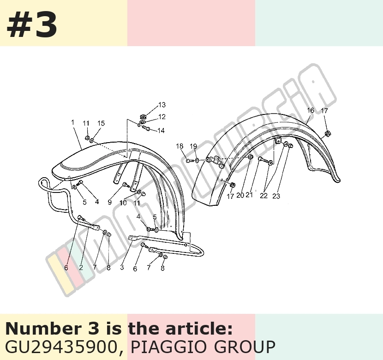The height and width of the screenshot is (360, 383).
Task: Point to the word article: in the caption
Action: [x=199, y=328]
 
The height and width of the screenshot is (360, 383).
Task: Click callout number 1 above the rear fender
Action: [x=72, y=122]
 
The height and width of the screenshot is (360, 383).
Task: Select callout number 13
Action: [x=162, y=105]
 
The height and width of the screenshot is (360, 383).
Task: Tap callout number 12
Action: [x=162, y=117]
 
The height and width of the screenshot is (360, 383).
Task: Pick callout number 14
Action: [x=161, y=131]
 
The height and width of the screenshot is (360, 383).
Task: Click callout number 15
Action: [x=101, y=123]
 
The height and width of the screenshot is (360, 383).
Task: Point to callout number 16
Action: [x=311, y=110]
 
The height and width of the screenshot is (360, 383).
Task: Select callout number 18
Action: [x=180, y=146]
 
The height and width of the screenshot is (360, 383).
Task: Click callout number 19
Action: [x=193, y=146]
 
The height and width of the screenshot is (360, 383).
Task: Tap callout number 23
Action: [x=276, y=196]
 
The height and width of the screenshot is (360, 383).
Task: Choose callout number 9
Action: [x=110, y=202]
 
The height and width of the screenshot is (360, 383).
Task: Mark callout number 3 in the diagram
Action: [x=122, y=267]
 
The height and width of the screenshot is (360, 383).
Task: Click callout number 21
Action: [x=249, y=195]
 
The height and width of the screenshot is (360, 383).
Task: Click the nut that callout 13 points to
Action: [x=143, y=116]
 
